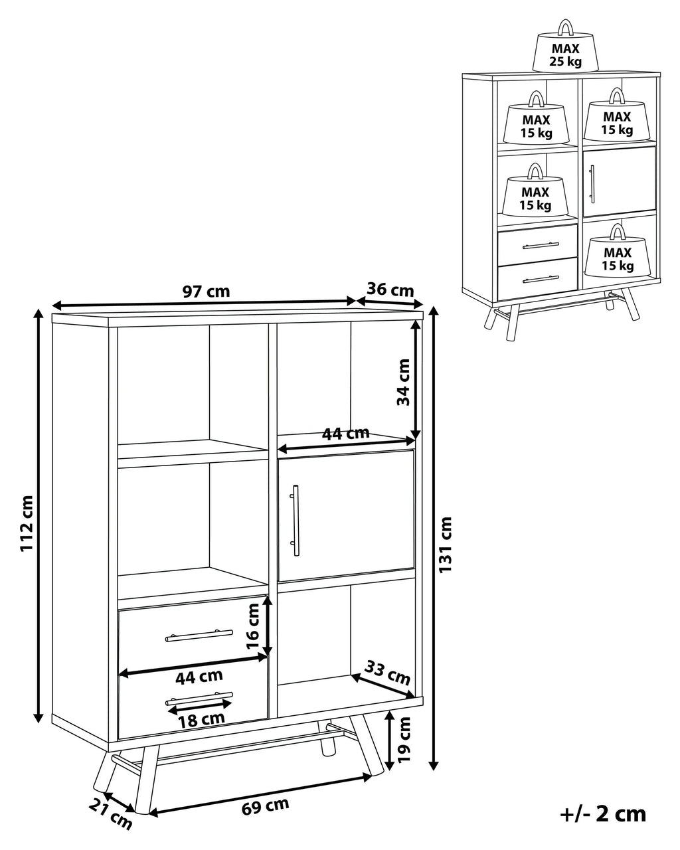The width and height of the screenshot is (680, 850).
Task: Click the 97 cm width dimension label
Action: pos(206,292)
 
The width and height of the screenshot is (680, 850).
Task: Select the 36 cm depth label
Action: pos(390,290)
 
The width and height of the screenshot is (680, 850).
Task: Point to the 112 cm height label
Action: pos(26,523)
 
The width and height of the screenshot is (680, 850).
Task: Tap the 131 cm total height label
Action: pos(446,545)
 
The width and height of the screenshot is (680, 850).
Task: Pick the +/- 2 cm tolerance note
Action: pos(602,813)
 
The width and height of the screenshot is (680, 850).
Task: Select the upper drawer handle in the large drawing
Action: pos(199,636)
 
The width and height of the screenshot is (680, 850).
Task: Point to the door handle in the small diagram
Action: pos(592,181)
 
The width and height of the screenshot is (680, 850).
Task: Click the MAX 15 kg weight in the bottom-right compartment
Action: pos(617,254)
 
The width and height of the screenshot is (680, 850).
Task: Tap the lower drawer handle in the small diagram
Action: pos(541,278)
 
